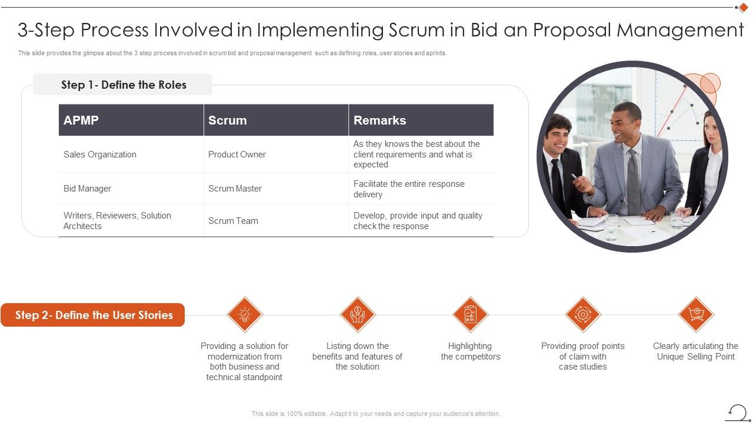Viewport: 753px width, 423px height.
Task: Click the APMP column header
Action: [x=81, y=120]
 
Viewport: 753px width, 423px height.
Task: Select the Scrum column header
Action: [x=227, y=120]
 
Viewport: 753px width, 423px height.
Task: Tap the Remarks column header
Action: [x=379, y=120]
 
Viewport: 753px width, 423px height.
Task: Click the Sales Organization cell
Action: [x=100, y=155]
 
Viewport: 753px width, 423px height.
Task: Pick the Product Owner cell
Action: [x=237, y=155]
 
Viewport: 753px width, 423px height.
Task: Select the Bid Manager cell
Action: [x=87, y=189]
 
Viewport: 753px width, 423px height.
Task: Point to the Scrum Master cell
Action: [x=235, y=189]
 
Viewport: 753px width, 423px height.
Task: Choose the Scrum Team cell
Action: [x=233, y=221]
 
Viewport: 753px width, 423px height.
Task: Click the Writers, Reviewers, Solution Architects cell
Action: [x=117, y=221]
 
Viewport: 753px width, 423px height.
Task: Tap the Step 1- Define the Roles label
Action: [x=124, y=85]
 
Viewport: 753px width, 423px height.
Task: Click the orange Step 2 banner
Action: [x=94, y=315]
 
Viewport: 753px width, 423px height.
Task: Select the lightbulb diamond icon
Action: [x=245, y=314]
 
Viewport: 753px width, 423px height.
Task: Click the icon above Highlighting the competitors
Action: [x=471, y=314]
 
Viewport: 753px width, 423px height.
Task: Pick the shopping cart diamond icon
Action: [x=696, y=314]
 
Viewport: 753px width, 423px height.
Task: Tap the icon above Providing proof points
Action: [x=583, y=314]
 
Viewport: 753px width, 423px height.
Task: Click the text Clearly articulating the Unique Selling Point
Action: [x=695, y=351]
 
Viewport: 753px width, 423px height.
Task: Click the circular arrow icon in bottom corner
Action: [x=737, y=412]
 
